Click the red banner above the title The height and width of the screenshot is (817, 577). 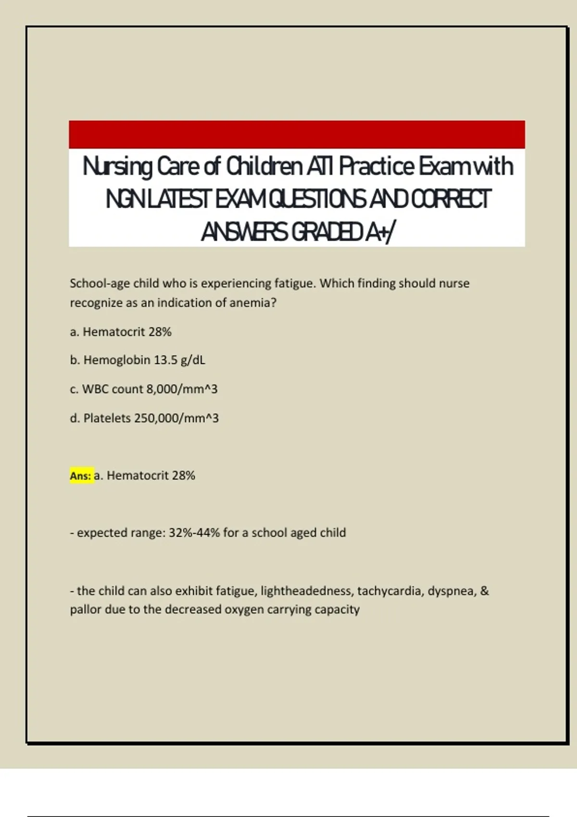tap(297, 134)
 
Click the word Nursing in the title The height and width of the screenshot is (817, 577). tap(117, 167)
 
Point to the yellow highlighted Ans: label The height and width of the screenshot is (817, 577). tap(81, 476)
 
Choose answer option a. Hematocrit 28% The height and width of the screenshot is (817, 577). tap(121, 332)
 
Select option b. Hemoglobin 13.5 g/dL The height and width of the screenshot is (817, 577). tap(138, 360)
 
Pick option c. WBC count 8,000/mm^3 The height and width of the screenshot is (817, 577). tap(144, 389)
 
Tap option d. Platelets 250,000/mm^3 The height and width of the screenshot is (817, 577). tap(144, 418)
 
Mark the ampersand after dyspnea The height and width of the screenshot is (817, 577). tap(484, 591)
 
